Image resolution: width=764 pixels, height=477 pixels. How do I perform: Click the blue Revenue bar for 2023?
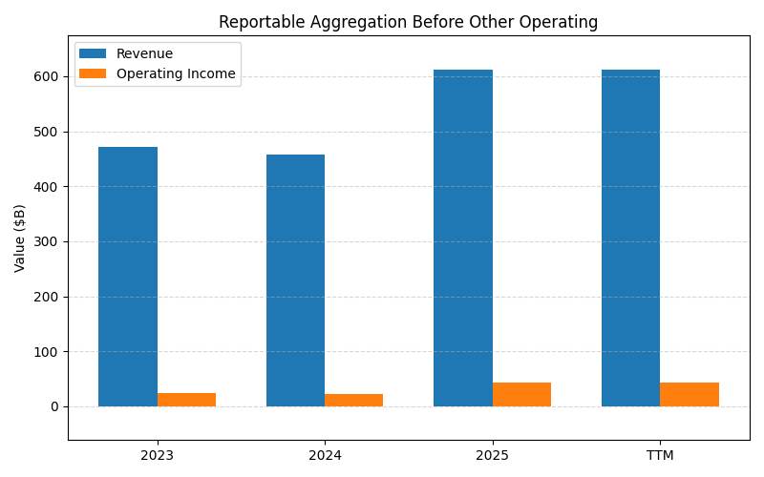[x=128, y=277]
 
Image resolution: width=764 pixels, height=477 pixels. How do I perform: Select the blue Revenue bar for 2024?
[x=295, y=280]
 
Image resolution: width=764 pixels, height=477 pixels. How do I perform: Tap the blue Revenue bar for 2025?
[x=463, y=238]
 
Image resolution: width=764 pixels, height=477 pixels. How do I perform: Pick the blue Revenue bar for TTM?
[x=630, y=238]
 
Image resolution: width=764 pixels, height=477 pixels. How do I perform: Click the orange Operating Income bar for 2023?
[x=186, y=400]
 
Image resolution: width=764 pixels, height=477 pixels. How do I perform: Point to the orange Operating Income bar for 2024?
[x=353, y=401]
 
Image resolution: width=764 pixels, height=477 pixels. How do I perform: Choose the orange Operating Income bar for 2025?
[x=521, y=395]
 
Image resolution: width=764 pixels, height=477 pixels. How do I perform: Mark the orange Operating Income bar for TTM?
[x=690, y=395]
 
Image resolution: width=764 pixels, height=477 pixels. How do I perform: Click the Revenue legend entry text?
[x=144, y=54]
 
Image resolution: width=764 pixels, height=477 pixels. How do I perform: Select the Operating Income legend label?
[x=176, y=73]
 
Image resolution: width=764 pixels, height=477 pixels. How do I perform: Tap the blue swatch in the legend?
[x=93, y=54]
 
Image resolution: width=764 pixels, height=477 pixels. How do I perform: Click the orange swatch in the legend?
[x=93, y=73]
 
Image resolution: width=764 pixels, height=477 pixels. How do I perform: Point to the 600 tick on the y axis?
[x=47, y=76]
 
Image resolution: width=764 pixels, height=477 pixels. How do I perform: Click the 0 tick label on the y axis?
[x=54, y=406]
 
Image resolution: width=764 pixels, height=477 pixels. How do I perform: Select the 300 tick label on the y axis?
[x=47, y=241]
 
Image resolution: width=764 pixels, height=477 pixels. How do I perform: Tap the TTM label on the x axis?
[x=660, y=455]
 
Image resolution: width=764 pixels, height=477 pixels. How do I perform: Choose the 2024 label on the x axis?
[x=325, y=455]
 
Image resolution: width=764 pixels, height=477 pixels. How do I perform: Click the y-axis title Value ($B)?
[x=20, y=238]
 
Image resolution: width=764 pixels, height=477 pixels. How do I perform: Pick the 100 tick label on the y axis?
[x=47, y=352]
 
